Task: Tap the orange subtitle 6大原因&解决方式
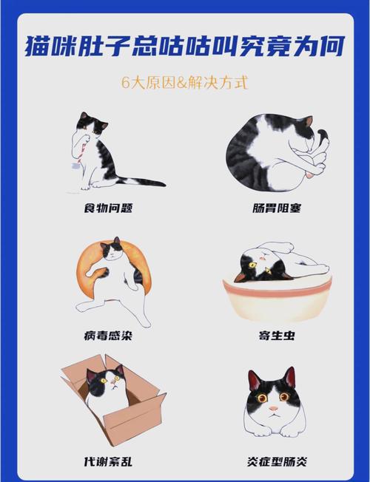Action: coord(185,81)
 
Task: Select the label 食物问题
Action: coord(110,208)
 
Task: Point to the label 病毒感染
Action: coord(110,336)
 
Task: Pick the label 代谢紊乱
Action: coord(110,461)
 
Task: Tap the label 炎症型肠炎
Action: coord(275,461)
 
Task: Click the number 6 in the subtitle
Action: coord(126,81)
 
